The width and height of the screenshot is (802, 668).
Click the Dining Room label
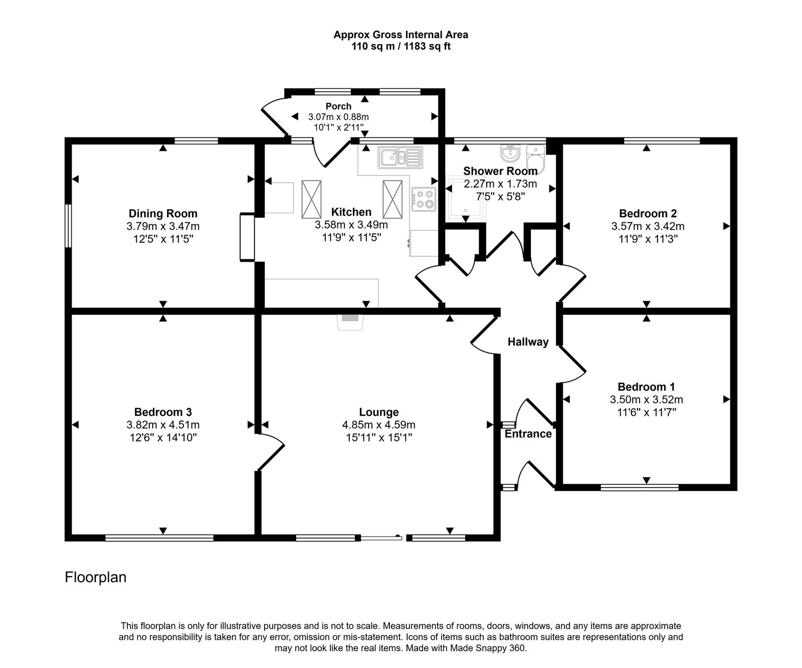163,214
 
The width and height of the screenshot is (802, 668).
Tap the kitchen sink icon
400,156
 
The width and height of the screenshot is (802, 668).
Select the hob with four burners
424,198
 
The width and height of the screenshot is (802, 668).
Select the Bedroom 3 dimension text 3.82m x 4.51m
163,425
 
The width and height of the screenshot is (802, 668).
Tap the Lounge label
378,412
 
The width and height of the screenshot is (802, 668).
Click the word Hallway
528,342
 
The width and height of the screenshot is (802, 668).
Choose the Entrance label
528,434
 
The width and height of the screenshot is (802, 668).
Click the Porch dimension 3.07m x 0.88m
338,117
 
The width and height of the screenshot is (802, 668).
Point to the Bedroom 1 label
646,387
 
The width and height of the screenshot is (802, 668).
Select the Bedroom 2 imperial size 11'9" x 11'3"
648,239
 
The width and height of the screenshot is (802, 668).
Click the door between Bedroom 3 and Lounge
271,452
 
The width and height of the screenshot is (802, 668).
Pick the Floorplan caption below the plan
95,577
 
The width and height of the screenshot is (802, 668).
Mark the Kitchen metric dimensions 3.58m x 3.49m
351,225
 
